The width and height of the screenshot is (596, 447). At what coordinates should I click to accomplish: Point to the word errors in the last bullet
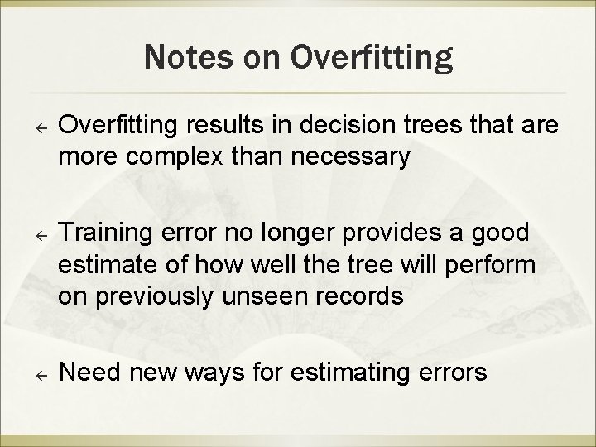tap(454, 373)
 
